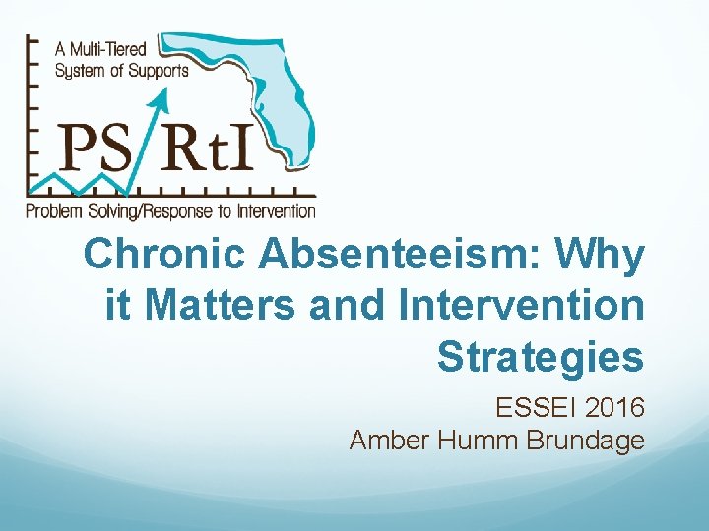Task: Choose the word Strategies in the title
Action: pyautogui.click(x=541, y=356)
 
